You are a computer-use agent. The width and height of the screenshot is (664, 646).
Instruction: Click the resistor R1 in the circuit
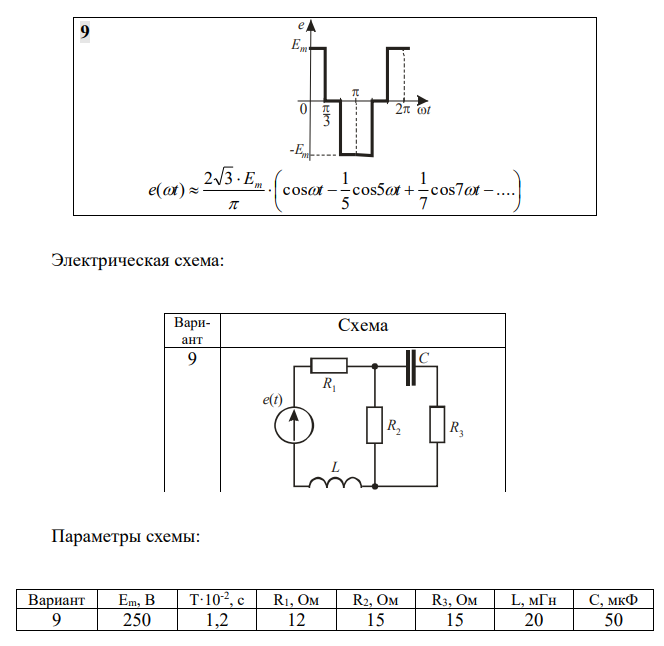tap(328, 366)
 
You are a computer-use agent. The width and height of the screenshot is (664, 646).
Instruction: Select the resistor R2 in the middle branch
tap(373, 424)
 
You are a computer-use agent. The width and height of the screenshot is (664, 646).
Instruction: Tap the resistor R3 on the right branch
tap(436, 424)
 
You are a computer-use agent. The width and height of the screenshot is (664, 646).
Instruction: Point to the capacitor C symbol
tap(409, 366)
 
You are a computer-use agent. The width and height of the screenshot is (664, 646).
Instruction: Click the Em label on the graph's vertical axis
tap(298, 46)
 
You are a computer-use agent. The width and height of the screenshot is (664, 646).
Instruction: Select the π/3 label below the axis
tap(326, 117)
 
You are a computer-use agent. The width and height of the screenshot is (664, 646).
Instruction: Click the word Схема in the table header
tap(363, 325)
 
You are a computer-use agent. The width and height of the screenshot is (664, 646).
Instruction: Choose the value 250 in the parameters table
tap(137, 619)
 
